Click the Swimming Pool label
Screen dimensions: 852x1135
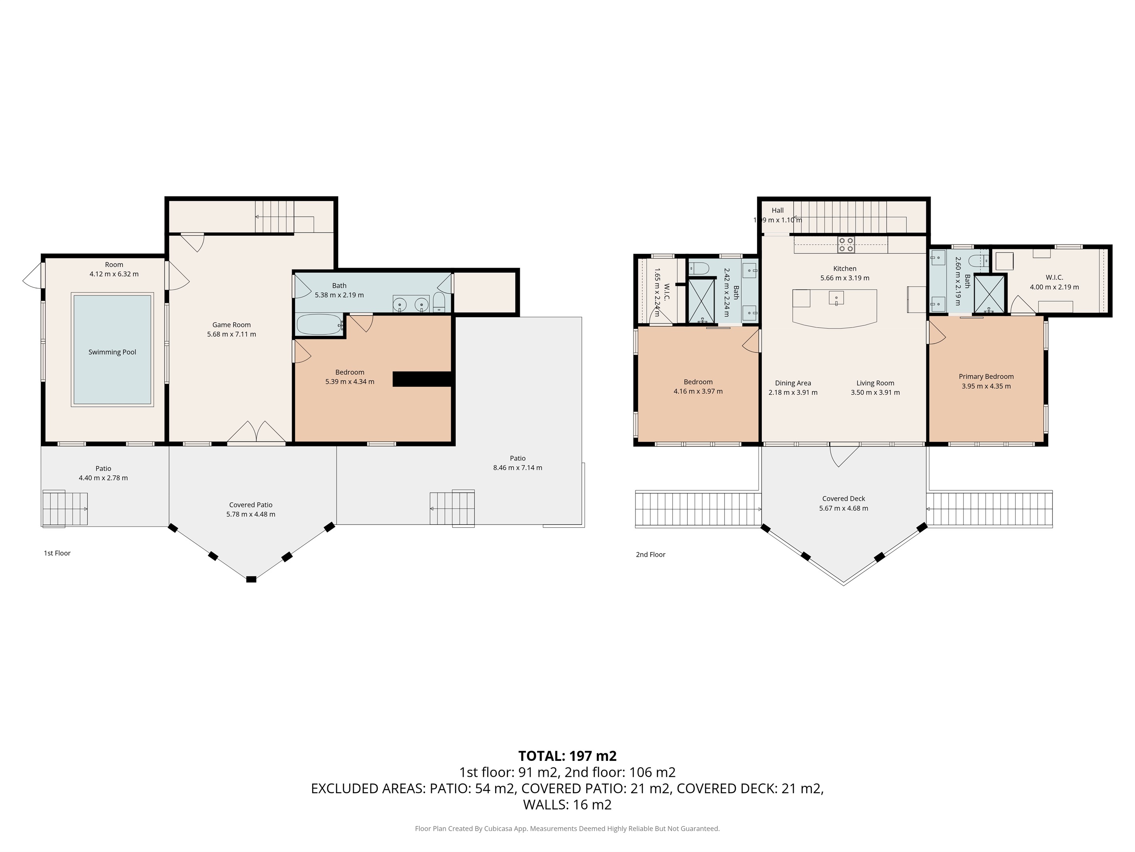pos(112,352)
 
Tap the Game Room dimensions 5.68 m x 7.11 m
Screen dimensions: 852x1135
pos(231,334)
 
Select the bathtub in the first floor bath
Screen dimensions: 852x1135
pos(319,324)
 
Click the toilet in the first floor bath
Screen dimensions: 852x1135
pos(440,302)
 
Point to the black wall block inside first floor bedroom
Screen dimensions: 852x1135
pos(422,379)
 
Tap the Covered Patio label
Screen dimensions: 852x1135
pos(251,505)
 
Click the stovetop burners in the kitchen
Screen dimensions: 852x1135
pos(846,244)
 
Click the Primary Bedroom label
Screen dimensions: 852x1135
pos(986,376)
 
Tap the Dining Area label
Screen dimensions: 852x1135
pos(793,383)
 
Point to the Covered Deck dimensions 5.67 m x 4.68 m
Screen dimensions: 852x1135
pos(844,508)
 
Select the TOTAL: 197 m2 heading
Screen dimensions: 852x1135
pos(567,756)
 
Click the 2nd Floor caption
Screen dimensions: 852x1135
pos(650,555)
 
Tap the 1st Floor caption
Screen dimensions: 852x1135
pos(57,553)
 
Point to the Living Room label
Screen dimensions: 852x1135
pos(875,383)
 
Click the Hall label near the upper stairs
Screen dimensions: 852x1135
pos(777,210)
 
